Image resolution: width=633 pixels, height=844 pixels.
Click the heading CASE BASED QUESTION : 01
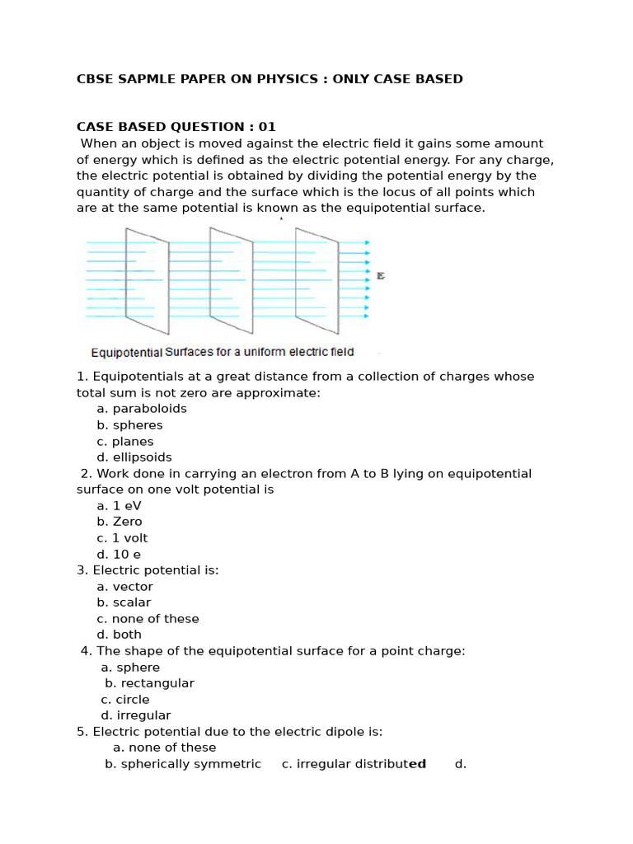click(176, 127)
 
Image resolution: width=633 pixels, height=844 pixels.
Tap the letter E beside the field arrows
click(381, 275)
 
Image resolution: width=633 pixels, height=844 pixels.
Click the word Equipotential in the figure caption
click(126, 353)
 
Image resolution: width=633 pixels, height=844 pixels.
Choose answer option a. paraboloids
click(142, 409)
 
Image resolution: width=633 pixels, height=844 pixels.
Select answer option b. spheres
click(129, 425)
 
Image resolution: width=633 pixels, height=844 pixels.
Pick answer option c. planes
click(125, 442)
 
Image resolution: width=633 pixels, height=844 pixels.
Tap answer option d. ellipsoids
click(134, 457)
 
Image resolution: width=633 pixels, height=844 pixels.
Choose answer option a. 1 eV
click(120, 506)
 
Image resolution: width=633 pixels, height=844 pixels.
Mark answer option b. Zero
click(120, 522)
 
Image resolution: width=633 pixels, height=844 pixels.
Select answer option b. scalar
click(124, 603)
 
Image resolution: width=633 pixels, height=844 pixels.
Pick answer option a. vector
click(124, 587)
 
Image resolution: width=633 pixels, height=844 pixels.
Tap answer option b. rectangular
click(149, 683)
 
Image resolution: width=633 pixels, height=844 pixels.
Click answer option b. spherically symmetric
click(183, 764)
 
